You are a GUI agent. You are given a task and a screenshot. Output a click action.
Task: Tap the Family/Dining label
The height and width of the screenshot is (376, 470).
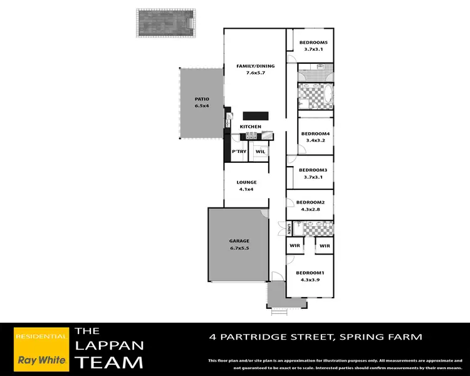(251, 66)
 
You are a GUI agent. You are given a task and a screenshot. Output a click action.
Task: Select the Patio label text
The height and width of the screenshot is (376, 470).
(201, 99)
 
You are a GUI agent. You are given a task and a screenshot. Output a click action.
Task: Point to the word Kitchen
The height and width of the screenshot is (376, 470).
(251, 127)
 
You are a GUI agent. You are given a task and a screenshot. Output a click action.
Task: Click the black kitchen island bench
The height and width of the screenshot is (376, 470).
(256, 116)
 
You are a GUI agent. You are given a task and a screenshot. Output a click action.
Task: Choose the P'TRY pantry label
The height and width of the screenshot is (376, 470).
(238, 152)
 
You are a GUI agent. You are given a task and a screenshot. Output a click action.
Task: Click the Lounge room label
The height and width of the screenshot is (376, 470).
(246, 182)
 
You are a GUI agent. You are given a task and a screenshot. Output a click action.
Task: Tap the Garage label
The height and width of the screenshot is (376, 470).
(239, 241)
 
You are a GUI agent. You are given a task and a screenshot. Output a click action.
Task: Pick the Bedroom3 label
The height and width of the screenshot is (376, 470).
(313, 170)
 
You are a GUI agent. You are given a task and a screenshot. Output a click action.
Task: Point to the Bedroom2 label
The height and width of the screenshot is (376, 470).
(310, 202)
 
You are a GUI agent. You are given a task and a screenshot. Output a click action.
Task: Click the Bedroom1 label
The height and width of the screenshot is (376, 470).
(310, 273)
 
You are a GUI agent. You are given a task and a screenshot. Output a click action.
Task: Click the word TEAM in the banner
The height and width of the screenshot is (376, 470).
(108, 362)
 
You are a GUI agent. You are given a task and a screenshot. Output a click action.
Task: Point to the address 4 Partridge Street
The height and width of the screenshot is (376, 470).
(315, 337)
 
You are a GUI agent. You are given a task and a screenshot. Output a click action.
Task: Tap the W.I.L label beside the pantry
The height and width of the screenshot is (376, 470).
(259, 152)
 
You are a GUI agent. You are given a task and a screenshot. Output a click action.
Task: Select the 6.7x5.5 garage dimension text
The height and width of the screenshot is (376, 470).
(239, 249)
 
